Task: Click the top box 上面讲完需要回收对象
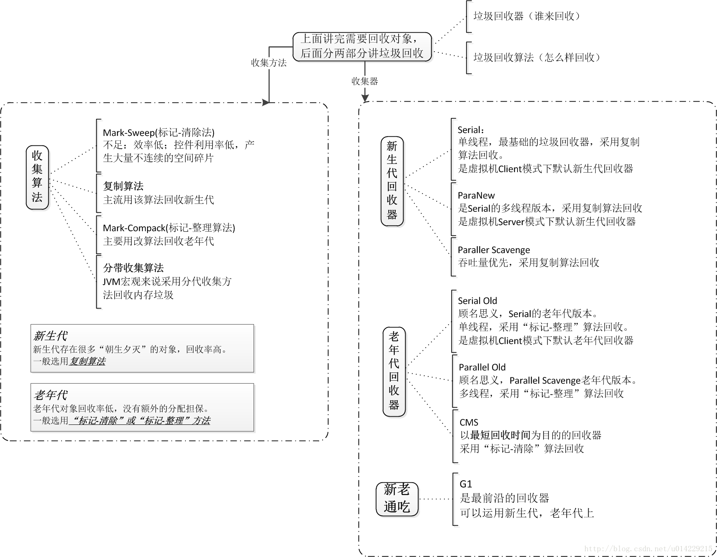point(362,46)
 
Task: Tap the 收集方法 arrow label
point(268,63)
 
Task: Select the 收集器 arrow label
point(365,81)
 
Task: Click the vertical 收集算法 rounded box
point(37,177)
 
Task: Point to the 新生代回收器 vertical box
point(392,181)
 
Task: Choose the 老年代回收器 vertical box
point(394,372)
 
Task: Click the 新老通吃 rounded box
point(397,499)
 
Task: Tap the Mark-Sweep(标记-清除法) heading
point(159,133)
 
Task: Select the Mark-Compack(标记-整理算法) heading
point(169,228)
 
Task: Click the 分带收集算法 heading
point(133,268)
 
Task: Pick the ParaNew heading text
point(476,196)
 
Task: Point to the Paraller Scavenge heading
point(494,250)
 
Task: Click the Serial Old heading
point(477,301)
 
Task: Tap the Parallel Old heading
point(482,367)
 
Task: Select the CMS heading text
point(469,422)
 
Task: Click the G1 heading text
point(465,484)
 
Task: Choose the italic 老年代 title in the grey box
point(50,395)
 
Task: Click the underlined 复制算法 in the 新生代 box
point(87,361)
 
